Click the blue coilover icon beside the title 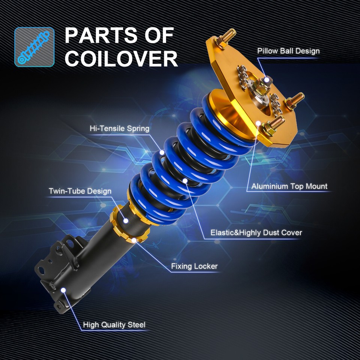pos(34,47)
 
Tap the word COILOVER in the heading pos(121,58)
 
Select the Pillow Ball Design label pos(288,51)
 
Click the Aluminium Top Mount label pos(289,186)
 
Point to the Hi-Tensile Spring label pos(119,129)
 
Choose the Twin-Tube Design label pos(80,191)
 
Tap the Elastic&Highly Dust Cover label pos(256,232)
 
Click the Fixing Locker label pos(194,267)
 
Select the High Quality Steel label pos(114,325)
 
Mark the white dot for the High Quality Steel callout pos(63,290)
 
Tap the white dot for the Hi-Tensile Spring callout pos(162,152)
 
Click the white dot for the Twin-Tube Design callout pos(126,220)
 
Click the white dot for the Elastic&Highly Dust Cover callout pos(185,181)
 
